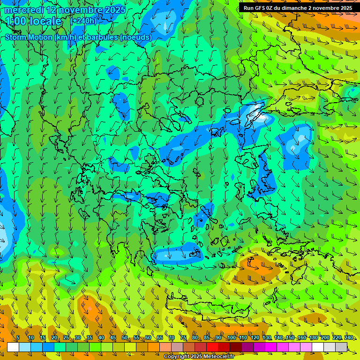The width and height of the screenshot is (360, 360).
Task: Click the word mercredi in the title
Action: [x=24, y=10]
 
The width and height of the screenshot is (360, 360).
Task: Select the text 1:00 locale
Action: [x=34, y=21]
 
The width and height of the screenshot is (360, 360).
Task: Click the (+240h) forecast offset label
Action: [x=83, y=21]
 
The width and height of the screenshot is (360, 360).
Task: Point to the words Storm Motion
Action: [x=29, y=37]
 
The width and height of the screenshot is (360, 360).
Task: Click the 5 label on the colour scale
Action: [x=18, y=337]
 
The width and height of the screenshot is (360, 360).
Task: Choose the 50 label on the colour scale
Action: [x=125, y=337]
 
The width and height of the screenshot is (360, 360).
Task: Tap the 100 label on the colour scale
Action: [x=231, y=337]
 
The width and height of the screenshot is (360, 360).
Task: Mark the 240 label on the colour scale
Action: [x=348, y=337]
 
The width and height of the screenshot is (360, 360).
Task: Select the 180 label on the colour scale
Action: [x=313, y=337]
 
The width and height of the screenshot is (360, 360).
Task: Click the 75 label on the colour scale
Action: [x=183, y=337]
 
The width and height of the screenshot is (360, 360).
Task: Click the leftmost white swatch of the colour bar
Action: [x=13, y=347]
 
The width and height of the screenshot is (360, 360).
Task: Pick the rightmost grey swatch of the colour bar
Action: [x=342, y=347]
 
